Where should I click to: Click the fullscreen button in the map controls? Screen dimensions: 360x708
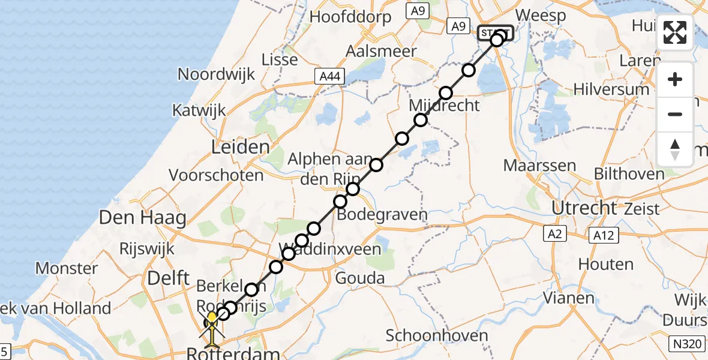(675, 32)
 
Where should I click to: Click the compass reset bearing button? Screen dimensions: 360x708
(675, 149)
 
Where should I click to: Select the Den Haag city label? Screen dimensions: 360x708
(143, 218)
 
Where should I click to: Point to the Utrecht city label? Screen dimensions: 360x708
(584, 208)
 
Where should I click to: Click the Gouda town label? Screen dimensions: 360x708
(360, 278)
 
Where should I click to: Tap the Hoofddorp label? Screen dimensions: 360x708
(350, 16)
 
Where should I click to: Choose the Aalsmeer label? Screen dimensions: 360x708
(381, 51)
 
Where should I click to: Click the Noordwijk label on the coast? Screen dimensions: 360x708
(217, 74)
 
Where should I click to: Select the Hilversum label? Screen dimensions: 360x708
(611, 89)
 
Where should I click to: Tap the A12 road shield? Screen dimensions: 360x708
(602, 235)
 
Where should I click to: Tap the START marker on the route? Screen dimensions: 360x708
(495, 33)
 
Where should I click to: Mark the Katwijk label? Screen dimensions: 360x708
(199, 110)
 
